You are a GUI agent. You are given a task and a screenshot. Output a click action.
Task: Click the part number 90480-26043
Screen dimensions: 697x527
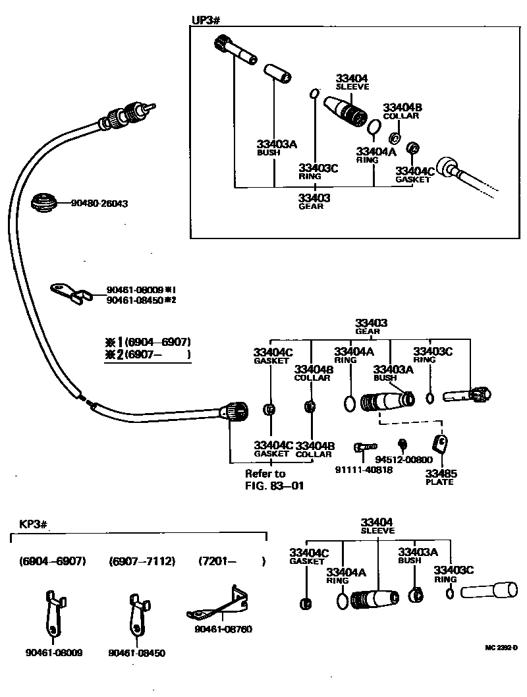(98, 204)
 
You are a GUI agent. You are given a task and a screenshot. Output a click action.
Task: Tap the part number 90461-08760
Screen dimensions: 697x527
(223, 628)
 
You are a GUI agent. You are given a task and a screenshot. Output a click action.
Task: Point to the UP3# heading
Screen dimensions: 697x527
(205, 19)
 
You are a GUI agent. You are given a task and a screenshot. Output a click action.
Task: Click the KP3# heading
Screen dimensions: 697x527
(32, 525)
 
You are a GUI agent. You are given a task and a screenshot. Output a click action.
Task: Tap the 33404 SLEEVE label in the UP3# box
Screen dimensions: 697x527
(352, 82)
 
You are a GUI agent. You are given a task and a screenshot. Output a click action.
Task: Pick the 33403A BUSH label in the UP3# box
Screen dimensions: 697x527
(277, 148)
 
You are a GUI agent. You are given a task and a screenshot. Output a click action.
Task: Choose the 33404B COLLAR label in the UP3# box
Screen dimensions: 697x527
(401, 111)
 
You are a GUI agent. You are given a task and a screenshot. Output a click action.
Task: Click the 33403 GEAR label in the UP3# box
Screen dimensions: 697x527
(314, 200)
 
